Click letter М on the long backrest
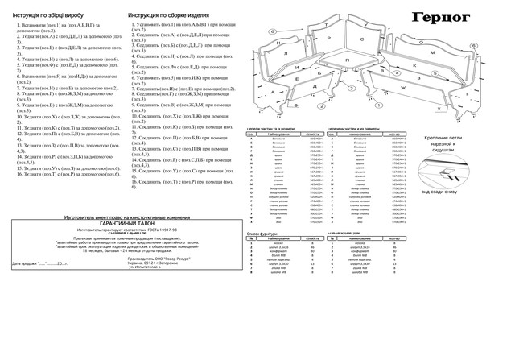click(x=431, y=53)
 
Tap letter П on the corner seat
click(x=347, y=60)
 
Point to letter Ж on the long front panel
click(x=427, y=87)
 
